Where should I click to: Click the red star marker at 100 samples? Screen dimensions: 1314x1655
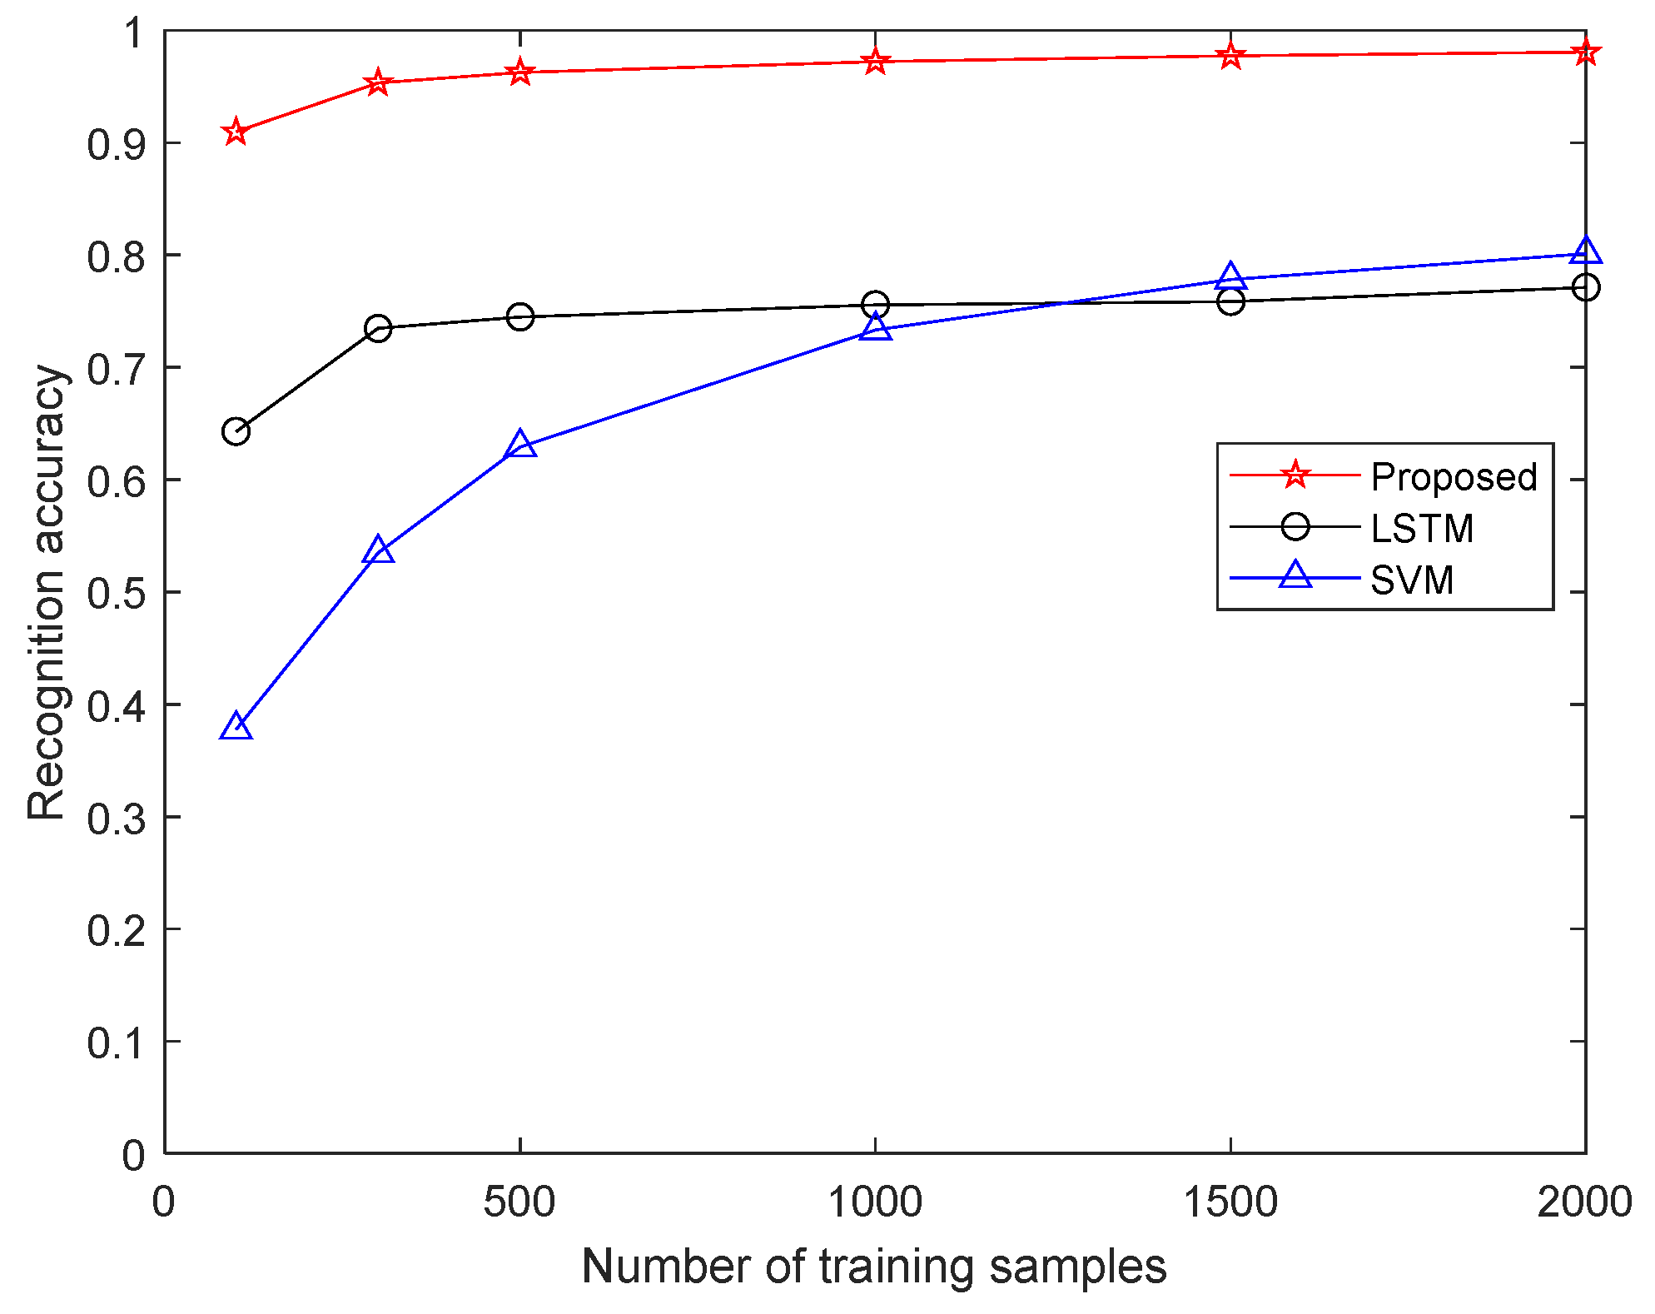tap(236, 132)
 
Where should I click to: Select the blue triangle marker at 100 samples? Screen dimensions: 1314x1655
tap(236, 727)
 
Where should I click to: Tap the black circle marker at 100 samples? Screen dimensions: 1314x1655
tap(236, 431)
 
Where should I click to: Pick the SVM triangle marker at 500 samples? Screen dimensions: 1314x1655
tap(520, 445)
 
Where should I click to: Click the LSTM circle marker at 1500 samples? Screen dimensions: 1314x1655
tap(1230, 301)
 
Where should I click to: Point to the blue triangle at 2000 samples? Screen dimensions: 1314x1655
tap(1585, 251)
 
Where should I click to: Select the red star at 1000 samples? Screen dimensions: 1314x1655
tap(875, 61)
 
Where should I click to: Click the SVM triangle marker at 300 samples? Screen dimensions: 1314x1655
tap(378, 550)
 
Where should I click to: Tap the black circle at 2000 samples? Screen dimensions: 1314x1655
tap(1585, 287)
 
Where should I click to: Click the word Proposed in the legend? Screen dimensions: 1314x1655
tap(1454, 477)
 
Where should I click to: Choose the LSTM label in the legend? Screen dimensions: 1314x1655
tap(1422, 529)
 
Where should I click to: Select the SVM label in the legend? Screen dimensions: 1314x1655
tap(1412, 580)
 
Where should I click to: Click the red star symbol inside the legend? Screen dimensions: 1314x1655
tap(1295, 475)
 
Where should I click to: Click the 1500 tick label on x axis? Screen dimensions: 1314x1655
tap(1230, 1202)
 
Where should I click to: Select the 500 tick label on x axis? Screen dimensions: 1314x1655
tap(519, 1202)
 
